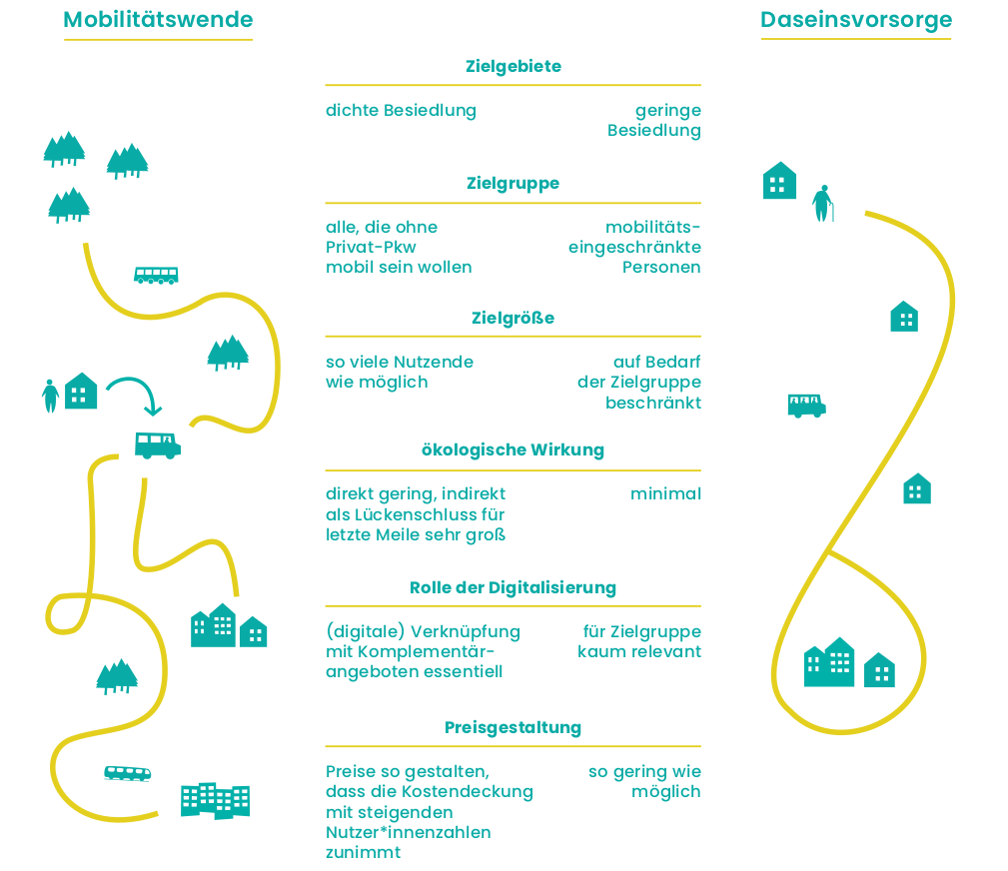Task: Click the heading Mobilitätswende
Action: (158, 20)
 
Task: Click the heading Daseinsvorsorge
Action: (856, 20)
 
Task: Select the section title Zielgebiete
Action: (513, 67)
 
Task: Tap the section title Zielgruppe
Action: (513, 184)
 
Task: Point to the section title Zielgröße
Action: (513, 319)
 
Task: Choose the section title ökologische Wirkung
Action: (513, 450)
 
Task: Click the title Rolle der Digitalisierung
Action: (513, 587)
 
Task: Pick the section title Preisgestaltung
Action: (513, 728)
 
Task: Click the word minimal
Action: (665, 494)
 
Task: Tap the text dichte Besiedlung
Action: (401, 111)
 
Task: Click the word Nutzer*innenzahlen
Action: (409, 832)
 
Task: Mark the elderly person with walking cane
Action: (822, 203)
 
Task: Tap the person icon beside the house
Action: (50, 396)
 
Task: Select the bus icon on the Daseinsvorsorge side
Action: (806, 406)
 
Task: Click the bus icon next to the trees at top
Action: (156, 275)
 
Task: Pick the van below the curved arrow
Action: (158, 444)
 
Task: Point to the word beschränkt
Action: (653, 403)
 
